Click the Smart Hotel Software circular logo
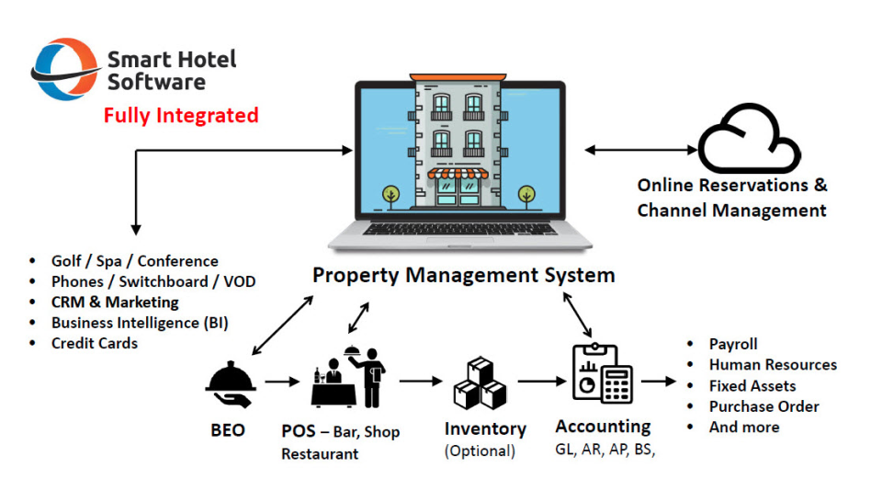(64, 69)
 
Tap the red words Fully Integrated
(181, 116)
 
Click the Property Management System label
(463, 275)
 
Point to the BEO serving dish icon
(229, 383)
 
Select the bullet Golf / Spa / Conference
(134, 262)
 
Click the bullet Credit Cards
(94, 343)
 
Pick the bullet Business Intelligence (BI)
(140, 323)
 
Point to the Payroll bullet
(733, 344)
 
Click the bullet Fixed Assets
(752, 386)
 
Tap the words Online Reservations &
(731, 185)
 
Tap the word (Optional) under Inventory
(480, 451)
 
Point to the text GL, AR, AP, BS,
(605, 450)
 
